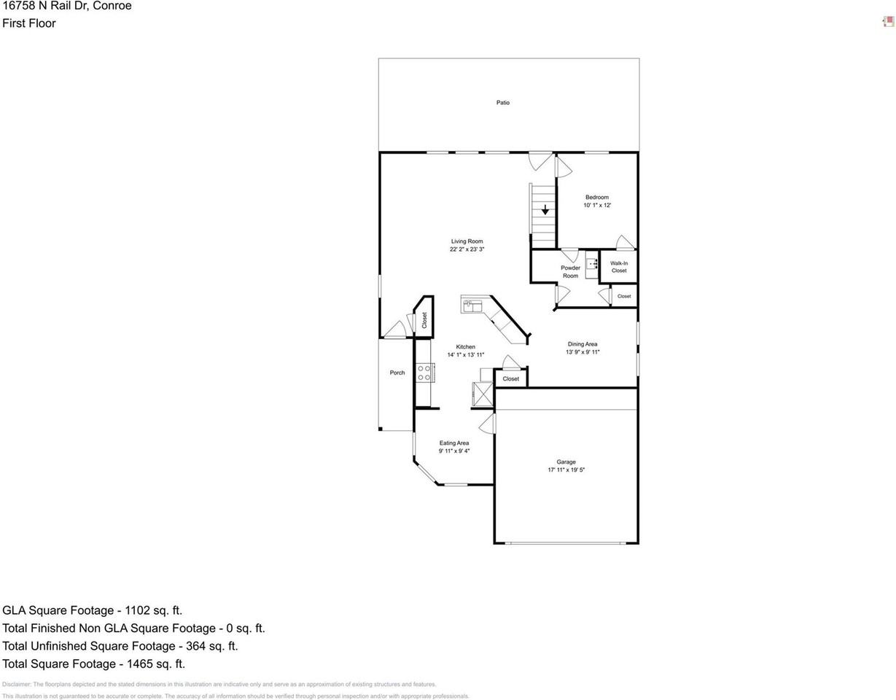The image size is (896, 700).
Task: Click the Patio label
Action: coord(503,103)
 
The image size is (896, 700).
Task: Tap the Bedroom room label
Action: coord(596,198)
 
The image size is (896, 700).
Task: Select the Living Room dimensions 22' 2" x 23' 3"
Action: coord(467,249)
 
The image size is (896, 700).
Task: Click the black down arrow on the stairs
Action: coord(545,210)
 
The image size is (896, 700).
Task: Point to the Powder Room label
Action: coord(570,272)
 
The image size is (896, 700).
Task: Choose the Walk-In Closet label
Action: coord(619,267)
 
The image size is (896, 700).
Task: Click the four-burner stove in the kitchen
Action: coord(424,373)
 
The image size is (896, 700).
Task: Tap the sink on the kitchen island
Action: coord(470,305)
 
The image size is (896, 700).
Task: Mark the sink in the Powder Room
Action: coord(592,260)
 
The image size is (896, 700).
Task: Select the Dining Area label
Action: coord(583,344)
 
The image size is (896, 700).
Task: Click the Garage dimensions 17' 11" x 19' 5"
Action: coord(566,470)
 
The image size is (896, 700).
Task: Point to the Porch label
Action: coord(397,373)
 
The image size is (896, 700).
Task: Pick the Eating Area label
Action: coord(453,443)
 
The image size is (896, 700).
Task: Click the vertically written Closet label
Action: coord(424,320)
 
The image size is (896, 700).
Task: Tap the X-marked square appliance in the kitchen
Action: coord(483,394)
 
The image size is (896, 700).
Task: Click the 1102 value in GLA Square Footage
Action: coord(137,610)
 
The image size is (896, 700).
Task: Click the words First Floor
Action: coord(29,23)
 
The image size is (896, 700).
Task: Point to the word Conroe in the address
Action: coord(113,6)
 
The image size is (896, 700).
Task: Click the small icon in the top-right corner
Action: coord(888,22)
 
